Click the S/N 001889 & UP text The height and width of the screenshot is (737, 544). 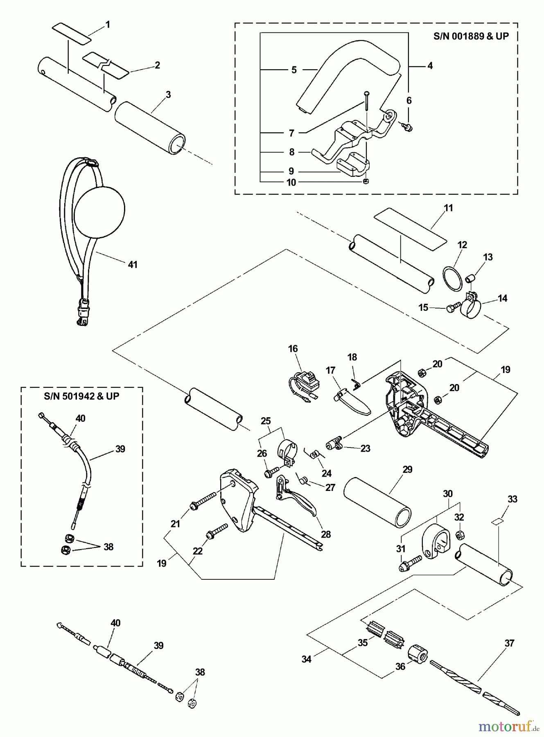click(x=471, y=36)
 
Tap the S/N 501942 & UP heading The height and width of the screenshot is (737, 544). click(x=81, y=396)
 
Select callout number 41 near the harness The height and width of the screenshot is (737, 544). click(x=132, y=265)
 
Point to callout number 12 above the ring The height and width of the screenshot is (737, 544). click(x=462, y=245)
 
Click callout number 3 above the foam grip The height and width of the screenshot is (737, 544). click(x=168, y=95)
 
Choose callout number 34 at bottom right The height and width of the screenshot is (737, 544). click(x=306, y=659)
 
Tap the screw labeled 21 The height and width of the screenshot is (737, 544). click(x=203, y=502)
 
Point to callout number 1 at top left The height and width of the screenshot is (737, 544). click(x=108, y=25)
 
